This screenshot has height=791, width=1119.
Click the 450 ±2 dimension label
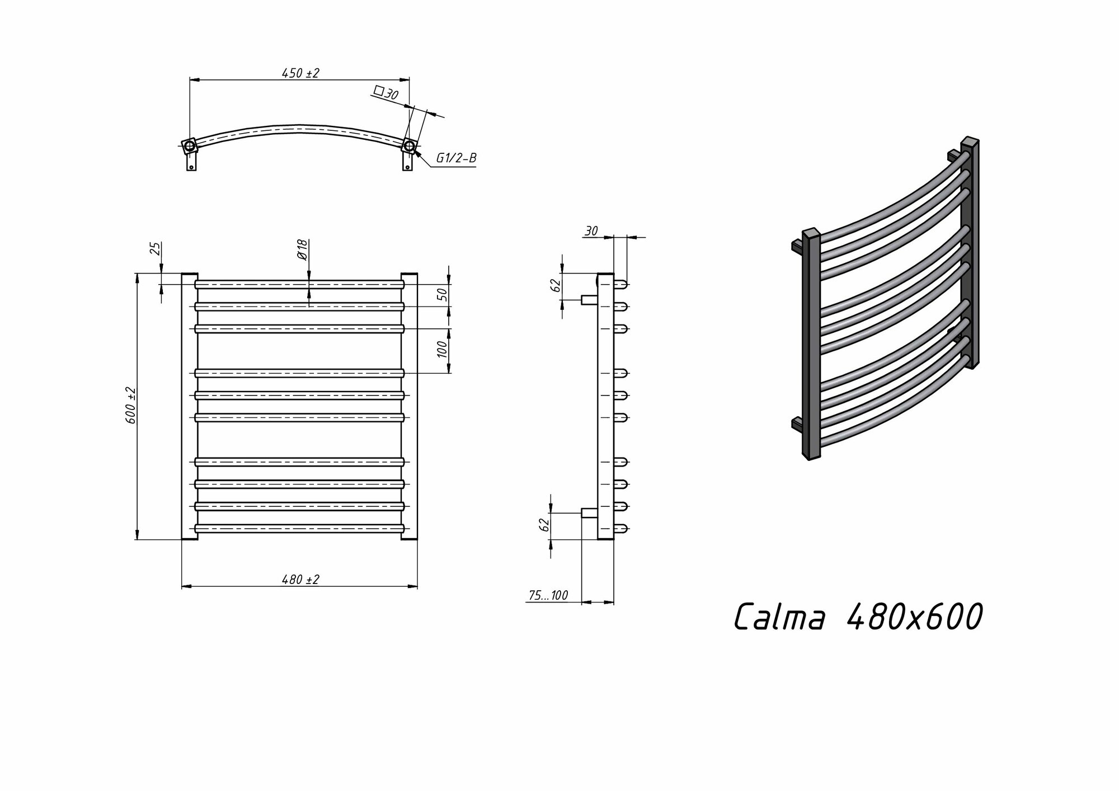(300, 73)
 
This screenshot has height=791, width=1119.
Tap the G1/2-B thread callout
(456, 158)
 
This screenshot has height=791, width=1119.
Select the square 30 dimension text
(386, 93)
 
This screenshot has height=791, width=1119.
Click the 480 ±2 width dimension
(300, 580)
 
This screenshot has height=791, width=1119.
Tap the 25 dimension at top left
(156, 248)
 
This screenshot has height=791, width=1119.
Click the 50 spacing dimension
(441, 295)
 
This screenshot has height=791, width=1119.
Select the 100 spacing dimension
(441, 350)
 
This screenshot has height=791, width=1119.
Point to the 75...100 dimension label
(548, 596)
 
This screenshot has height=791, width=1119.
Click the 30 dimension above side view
(591, 231)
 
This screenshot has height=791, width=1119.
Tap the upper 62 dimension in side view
(556, 285)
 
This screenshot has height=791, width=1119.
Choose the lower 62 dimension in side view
(543, 525)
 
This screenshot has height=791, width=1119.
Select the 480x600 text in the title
(915, 617)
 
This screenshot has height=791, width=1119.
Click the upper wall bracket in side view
(589, 300)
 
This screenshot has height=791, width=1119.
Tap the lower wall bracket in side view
(589, 512)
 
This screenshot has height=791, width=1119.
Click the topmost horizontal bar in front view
(299, 284)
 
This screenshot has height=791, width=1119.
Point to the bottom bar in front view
(299, 528)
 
